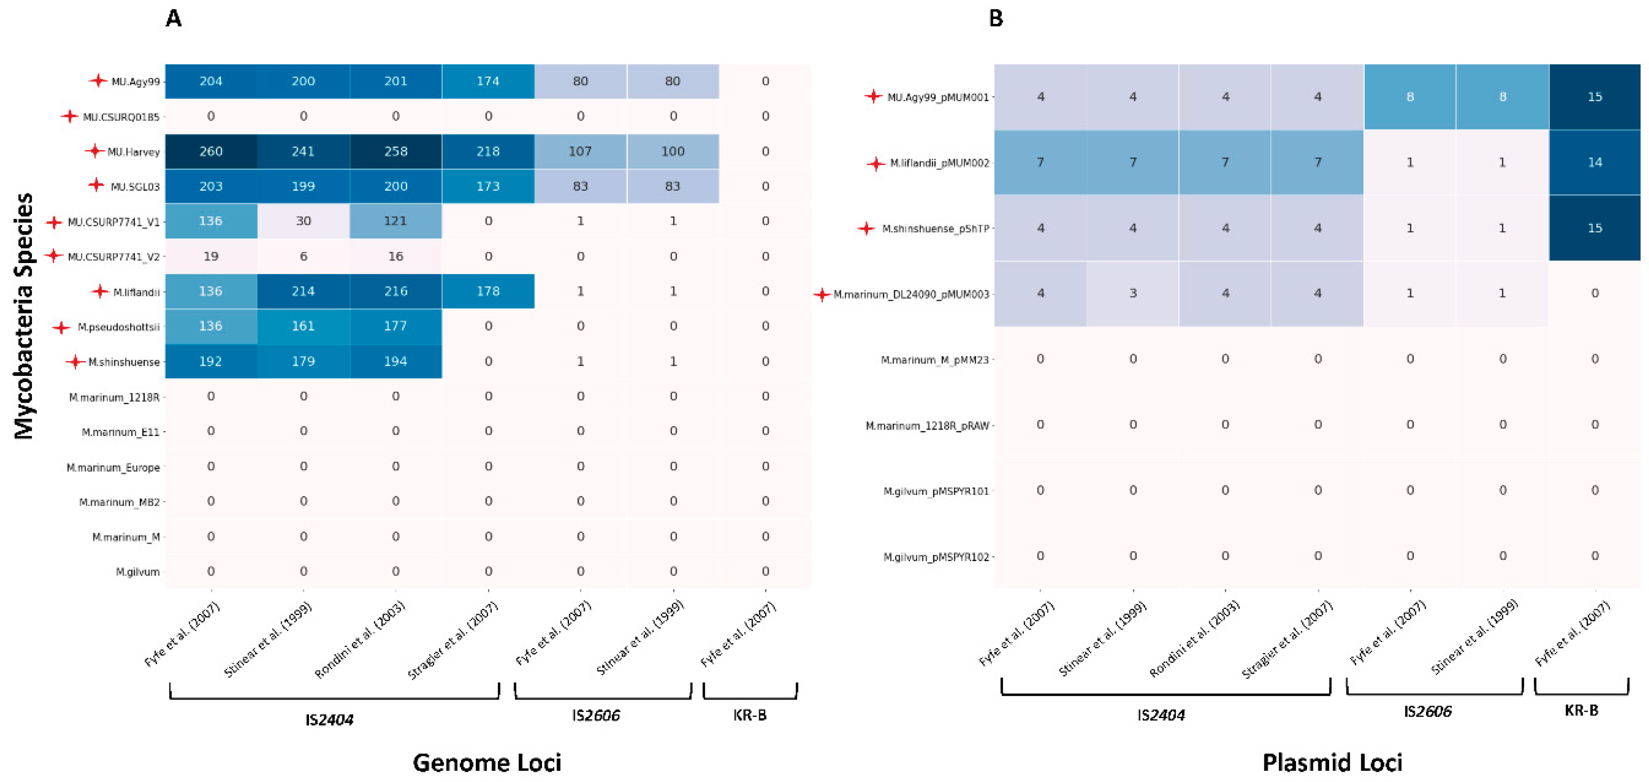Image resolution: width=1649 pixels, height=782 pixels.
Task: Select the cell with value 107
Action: (x=580, y=152)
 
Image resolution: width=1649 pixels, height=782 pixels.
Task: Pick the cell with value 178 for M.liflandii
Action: (x=488, y=291)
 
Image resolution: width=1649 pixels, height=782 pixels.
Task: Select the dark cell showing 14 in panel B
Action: (x=1594, y=162)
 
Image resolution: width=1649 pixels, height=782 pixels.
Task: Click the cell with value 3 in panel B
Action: (x=1133, y=293)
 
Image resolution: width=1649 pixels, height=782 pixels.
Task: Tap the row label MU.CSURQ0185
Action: (x=121, y=117)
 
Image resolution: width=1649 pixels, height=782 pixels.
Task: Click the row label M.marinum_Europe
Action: (x=113, y=468)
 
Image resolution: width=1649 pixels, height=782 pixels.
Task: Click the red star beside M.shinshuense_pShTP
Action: (x=866, y=228)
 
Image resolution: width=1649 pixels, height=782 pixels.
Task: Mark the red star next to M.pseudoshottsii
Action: (x=61, y=328)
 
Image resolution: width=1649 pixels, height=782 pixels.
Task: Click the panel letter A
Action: (x=174, y=18)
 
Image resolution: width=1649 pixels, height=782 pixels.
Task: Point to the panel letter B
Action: (x=995, y=18)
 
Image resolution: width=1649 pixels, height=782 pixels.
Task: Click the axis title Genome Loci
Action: (x=487, y=763)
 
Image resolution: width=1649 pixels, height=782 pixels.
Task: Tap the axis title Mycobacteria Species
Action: (x=24, y=316)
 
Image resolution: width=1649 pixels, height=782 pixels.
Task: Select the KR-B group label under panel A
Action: (x=749, y=715)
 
